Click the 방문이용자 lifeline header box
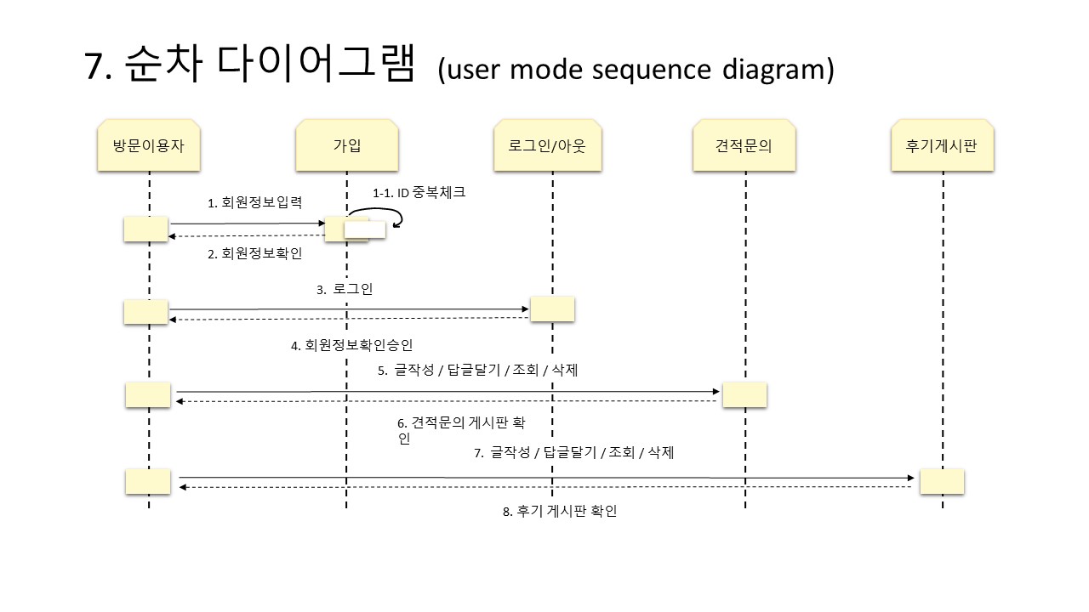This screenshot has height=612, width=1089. tap(149, 144)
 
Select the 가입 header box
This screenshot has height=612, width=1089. tap(346, 144)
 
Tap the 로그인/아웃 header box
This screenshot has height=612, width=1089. tap(552, 144)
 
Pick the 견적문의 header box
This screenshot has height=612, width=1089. tap(744, 144)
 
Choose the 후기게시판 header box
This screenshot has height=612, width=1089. tap(942, 144)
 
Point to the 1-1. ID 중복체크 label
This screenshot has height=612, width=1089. tap(419, 193)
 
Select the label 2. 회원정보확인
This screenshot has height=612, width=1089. tap(255, 253)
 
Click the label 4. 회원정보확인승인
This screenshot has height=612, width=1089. tap(351, 345)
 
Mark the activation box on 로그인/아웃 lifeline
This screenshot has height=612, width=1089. tap(552, 309)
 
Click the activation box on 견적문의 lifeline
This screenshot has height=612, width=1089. tap(744, 394)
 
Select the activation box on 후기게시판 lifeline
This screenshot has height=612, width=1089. tap(942, 481)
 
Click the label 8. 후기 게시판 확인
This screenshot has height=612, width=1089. tap(559, 511)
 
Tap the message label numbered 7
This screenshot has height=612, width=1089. tap(573, 453)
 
